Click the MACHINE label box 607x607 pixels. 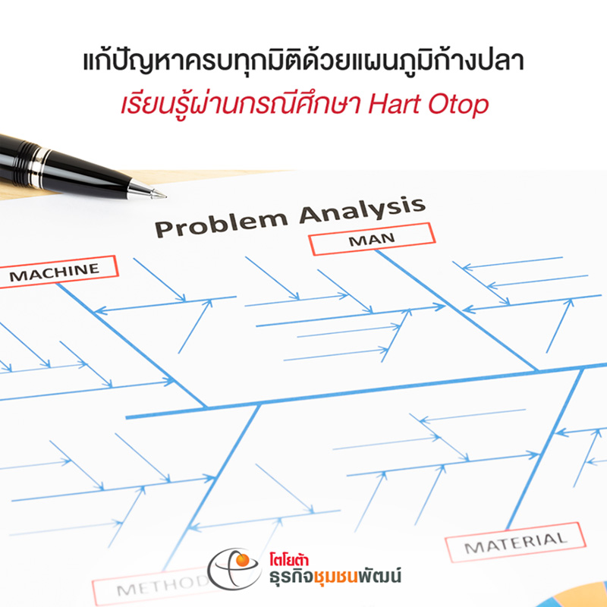pyautogui.click(x=58, y=272)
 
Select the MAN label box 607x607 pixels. pyautogui.click(x=372, y=239)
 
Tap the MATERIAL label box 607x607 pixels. pyautogui.click(x=515, y=542)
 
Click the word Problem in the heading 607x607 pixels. pyautogui.click(x=221, y=225)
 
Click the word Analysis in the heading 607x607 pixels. pyautogui.click(x=363, y=212)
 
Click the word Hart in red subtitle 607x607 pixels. pyautogui.click(x=394, y=104)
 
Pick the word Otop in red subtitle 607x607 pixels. pyautogui.click(x=458, y=105)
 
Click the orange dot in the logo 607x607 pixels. pyautogui.click(x=243, y=560)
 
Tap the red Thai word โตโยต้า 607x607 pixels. pyautogui.click(x=289, y=560)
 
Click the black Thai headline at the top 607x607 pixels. pyautogui.click(x=303, y=62)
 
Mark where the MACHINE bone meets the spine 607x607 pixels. pyautogui.click(x=206, y=407)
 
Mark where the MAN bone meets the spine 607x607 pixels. pyautogui.click(x=537, y=371)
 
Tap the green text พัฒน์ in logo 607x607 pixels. pyautogui.click(x=380, y=575)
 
